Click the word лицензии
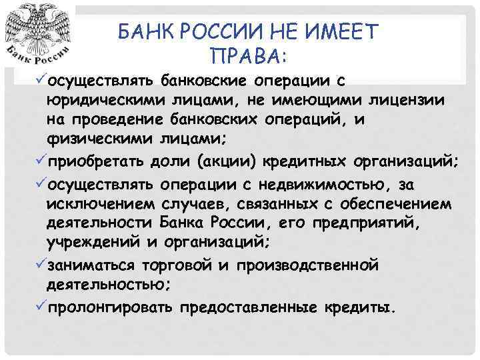click(x=409, y=99)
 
